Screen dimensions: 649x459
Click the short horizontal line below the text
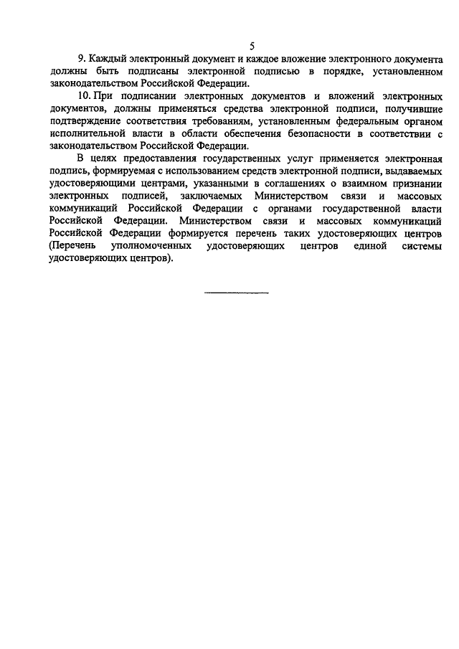click(237, 293)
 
